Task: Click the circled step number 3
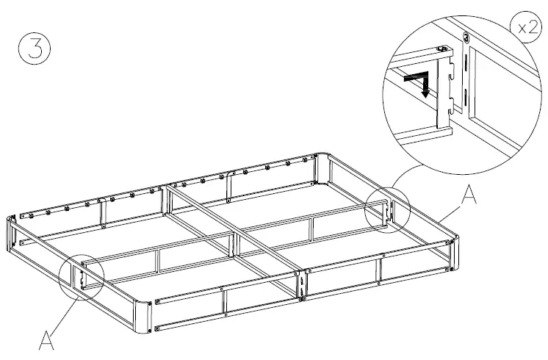click(35, 52)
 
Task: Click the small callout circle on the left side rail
click(82, 275)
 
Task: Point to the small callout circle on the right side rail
click(386, 211)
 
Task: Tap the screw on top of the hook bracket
click(443, 49)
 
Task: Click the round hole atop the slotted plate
click(466, 37)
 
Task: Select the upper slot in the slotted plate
click(465, 67)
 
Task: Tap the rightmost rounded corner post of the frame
click(451, 253)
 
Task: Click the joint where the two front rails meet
click(302, 284)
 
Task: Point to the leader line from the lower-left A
click(65, 312)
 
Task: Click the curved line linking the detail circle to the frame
click(403, 176)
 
